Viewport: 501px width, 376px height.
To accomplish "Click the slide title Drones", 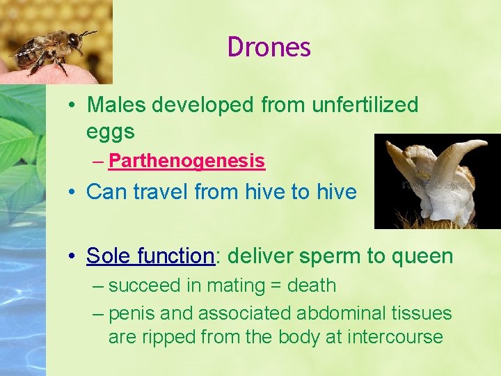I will pyautogui.click(x=269, y=47).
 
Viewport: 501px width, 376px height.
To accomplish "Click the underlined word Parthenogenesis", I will pyautogui.click(x=186, y=161).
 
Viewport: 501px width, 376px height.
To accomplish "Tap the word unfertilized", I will pyautogui.click(x=365, y=105).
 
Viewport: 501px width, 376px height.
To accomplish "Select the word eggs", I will pyautogui.click(x=110, y=131).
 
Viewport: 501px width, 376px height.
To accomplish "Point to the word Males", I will pyautogui.click(x=116, y=105).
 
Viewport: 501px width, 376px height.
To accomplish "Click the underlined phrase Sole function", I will pyautogui.click(x=150, y=256).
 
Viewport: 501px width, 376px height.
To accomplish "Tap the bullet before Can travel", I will pyautogui.click(x=73, y=191).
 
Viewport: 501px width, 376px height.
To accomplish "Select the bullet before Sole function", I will pyautogui.click(x=73, y=256).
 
